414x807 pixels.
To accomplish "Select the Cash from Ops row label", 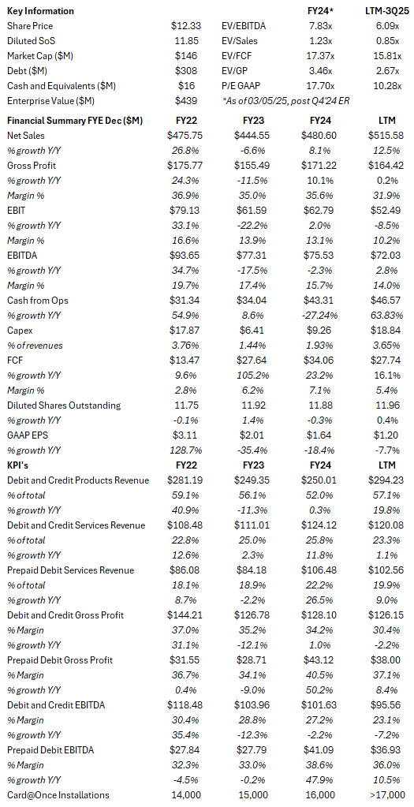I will pos(37,301).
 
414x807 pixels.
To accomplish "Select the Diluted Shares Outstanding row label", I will pos(64,405).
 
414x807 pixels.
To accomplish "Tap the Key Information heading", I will pos(40,11).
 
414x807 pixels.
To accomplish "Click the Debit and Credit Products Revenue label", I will pos(76,480).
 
